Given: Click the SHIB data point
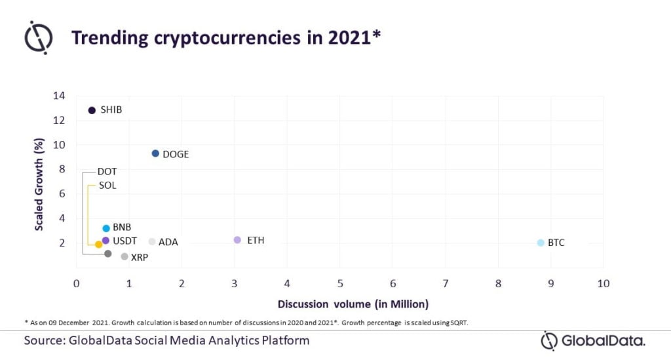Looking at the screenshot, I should (92, 110).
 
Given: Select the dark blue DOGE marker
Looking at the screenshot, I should (155, 153).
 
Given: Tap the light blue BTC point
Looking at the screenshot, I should (541, 243).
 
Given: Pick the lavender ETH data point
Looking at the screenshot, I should (237, 240).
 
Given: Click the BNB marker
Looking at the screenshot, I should (106, 228).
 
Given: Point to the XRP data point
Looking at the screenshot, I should (125, 256).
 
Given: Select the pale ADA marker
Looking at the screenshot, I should (152, 242).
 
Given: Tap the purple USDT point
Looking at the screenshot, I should (105, 241).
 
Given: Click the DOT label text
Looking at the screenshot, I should (107, 172).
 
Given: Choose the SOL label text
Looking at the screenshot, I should (107, 186).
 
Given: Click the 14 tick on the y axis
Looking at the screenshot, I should (59, 96).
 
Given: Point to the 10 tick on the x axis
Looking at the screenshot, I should (603, 284).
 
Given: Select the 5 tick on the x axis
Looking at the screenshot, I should (340, 284).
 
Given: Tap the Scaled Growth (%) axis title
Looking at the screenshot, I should (39, 184).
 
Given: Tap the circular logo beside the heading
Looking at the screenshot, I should (39, 37).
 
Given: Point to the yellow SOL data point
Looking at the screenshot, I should (98, 245).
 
